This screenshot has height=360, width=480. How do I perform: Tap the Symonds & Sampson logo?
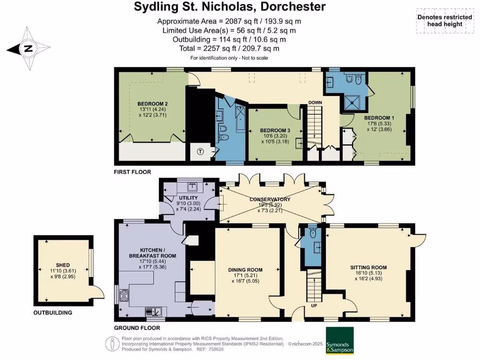(x=339, y=341)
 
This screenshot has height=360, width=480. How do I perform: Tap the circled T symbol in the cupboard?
(x=201, y=151)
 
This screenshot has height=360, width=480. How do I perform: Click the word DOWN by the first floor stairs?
(x=315, y=103)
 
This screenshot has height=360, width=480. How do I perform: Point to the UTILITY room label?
(x=188, y=198)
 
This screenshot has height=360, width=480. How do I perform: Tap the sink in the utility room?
(x=192, y=187)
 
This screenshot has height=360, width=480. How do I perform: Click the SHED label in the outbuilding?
(x=62, y=264)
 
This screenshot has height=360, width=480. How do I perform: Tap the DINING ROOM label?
(x=245, y=270)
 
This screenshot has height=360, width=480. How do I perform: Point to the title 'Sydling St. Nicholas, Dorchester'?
(x=230, y=7)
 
